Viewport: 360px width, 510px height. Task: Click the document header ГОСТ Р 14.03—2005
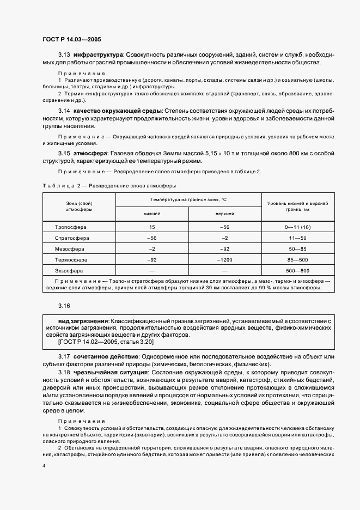click(x=71, y=39)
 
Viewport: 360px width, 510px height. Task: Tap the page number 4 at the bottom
click(x=44, y=466)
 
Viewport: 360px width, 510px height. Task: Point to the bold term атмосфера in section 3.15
click(x=91, y=154)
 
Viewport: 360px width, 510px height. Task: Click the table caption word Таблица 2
click(x=57, y=186)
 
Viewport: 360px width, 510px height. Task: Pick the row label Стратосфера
click(x=72, y=238)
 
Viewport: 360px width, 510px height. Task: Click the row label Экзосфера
click(x=70, y=270)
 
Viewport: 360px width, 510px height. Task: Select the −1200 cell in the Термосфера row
click(x=225, y=259)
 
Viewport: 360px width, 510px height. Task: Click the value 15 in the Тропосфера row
click(x=151, y=227)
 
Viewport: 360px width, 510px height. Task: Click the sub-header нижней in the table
click(x=151, y=214)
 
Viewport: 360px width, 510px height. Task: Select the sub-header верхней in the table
click(x=225, y=214)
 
